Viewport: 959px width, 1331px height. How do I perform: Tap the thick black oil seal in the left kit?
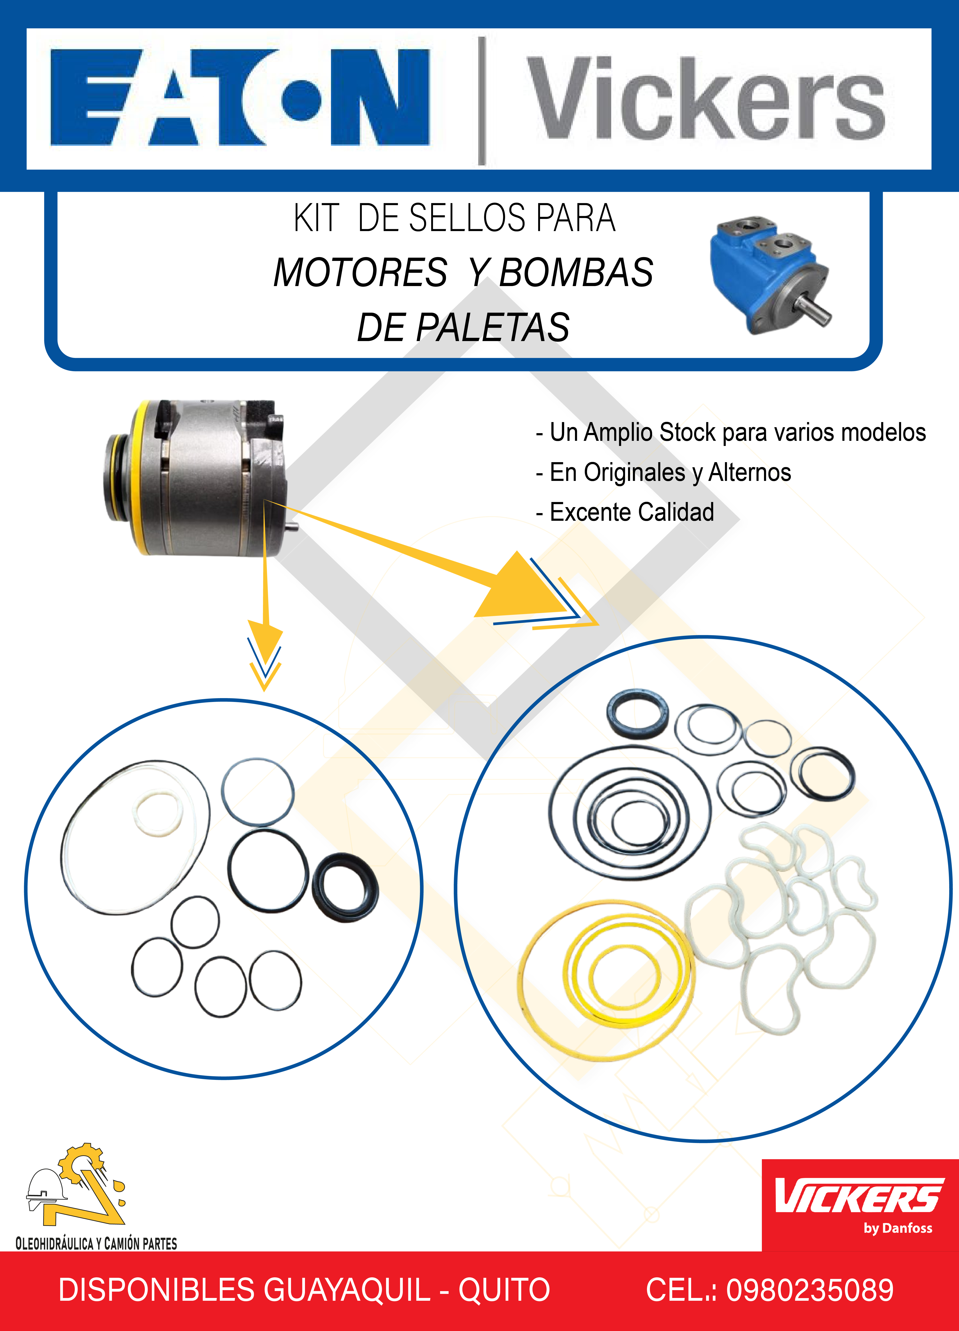345,887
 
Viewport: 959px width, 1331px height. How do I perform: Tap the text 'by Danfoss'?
897,1228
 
